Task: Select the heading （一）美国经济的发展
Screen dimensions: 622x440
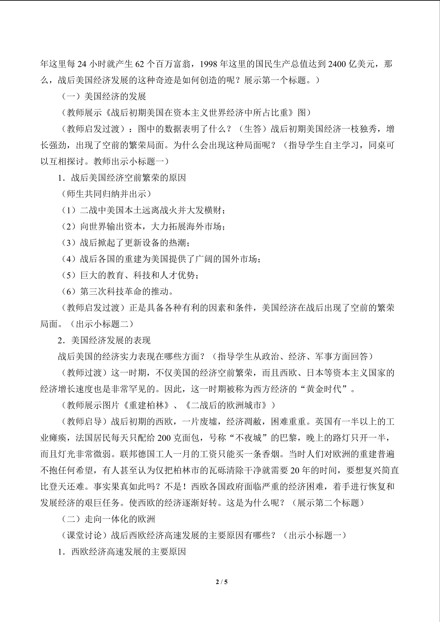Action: click(104, 96)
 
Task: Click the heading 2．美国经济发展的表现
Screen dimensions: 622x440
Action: click(104, 340)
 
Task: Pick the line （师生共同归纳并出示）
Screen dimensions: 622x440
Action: click(106, 194)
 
